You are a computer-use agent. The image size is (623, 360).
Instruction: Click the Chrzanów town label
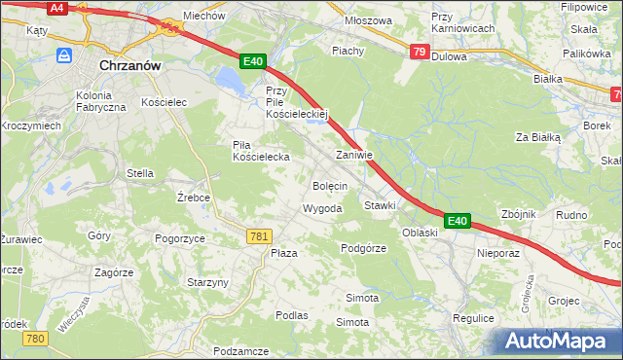(130, 66)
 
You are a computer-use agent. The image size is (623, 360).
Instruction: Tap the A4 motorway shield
(56, 8)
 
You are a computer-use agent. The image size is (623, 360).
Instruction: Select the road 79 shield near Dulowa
(419, 52)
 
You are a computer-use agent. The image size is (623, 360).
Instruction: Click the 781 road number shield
(259, 236)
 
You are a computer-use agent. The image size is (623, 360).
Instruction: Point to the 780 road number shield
(36, 339)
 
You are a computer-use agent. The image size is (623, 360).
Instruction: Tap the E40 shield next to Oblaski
(458, 222)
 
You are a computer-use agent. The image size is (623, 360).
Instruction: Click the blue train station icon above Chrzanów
(64, 56)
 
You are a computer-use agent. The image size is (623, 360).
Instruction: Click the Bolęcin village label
(330, 185)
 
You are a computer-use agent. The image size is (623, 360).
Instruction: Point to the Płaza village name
(283, 253)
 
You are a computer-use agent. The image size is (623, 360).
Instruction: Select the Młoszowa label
(369, 19)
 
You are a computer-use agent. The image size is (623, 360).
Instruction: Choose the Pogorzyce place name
(179, 238)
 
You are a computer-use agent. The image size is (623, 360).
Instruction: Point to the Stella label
(140, 173)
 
